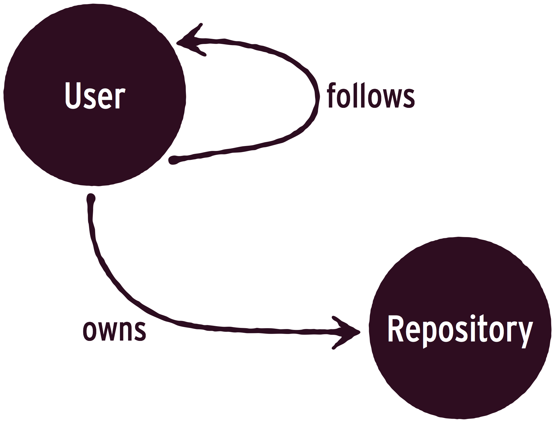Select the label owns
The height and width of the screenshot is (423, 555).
(x=114, y=330)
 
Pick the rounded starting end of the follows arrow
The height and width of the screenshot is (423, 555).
(x=173, y=160)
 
